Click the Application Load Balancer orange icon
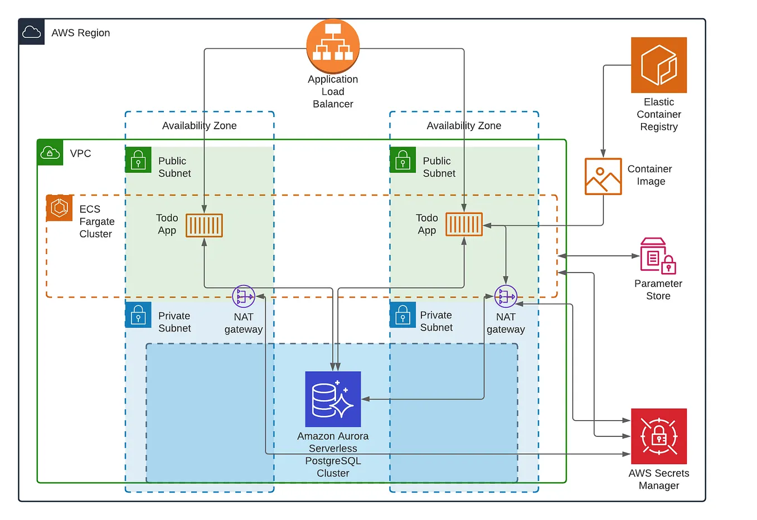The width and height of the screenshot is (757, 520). pos(333,47)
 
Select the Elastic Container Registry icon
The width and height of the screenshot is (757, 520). pos(658,65)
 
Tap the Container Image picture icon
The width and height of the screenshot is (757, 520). pos(603,176)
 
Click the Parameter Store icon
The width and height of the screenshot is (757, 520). pos(658,256)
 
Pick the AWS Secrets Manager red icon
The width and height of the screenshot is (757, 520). pos(658,436)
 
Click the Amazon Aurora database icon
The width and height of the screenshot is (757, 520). pos(333,399)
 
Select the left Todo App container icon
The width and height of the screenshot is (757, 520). pos(204,225)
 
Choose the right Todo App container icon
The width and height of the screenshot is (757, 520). pos(464,225)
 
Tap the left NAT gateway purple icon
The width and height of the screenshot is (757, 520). pos(244,297)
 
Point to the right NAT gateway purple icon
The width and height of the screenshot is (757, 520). pos(506,297)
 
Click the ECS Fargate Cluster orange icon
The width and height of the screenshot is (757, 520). pos(59,208)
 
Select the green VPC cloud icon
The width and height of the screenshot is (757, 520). pos(50,153)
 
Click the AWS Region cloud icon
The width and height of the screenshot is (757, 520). pos(32,32)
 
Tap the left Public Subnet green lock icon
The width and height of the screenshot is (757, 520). pos(138,161)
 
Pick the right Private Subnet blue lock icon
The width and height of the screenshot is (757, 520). pos(402,315)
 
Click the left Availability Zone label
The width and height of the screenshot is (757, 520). pos(199,125)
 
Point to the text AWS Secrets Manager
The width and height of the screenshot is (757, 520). pos(658,479)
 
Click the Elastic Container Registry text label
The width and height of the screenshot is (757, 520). pos(658,114)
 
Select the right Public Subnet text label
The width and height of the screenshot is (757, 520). pos(439,167)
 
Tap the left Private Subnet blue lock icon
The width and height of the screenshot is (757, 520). pos(138,315)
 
